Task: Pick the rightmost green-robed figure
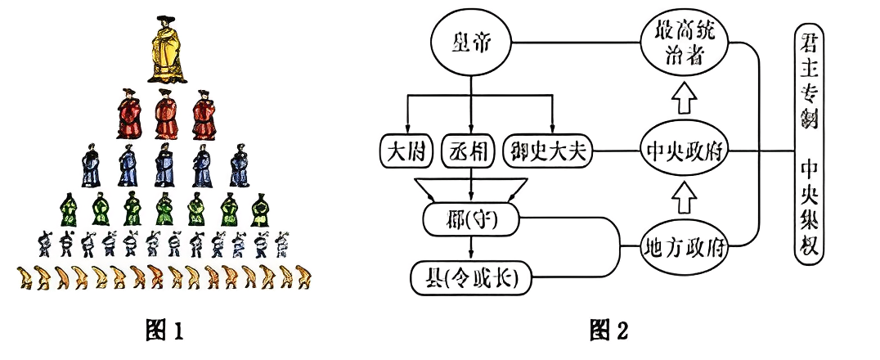click(x=260, y=209)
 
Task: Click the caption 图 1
click(x=162, y=331)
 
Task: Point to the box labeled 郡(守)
click(x=470, y=218)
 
